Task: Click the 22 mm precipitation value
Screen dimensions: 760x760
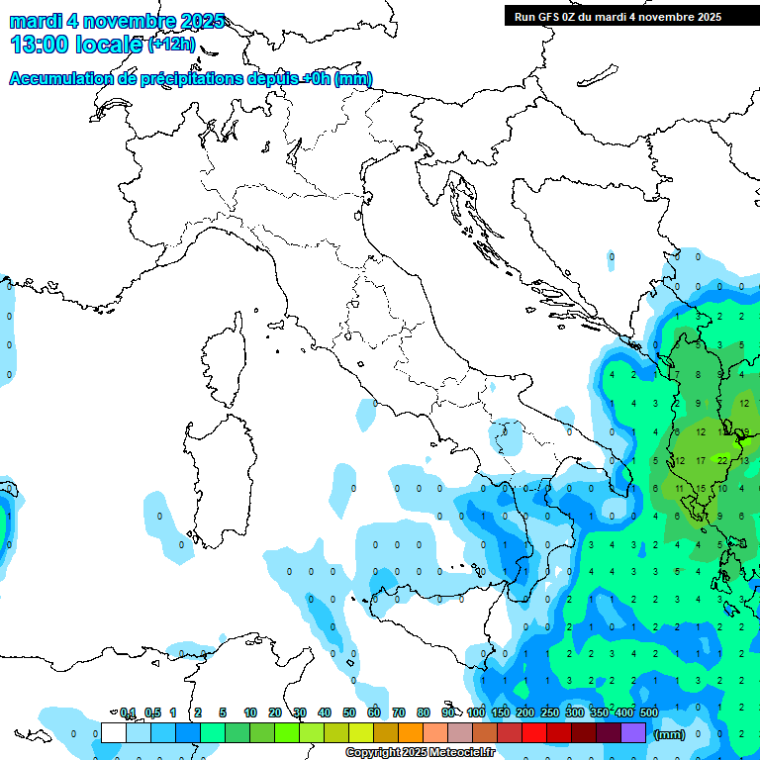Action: [722, 459]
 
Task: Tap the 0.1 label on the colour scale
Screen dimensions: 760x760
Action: [128, 712]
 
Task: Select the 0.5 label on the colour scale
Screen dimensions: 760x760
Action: [152, 712]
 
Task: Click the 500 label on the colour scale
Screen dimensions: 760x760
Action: [649, 712]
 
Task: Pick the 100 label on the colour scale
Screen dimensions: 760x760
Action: [476, 712]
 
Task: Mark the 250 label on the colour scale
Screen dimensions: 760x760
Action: [550, 712]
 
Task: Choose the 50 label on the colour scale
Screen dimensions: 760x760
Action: [349, 712]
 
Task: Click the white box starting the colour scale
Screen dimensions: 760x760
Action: [114, 732]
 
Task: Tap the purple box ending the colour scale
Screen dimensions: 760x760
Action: [633, 732]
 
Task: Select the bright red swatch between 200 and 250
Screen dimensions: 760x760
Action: [534, 732]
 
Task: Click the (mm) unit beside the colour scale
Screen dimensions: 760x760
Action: [670, 734]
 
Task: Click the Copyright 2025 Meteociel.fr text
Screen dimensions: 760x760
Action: [420, 752]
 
